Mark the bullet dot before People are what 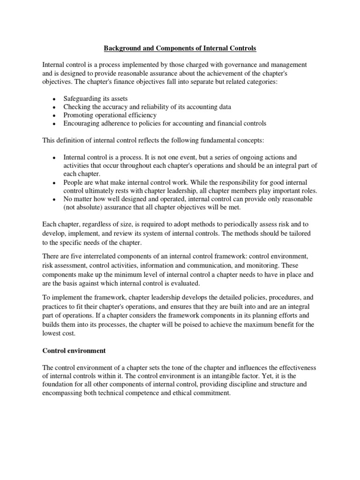click(x=54, y=182)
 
